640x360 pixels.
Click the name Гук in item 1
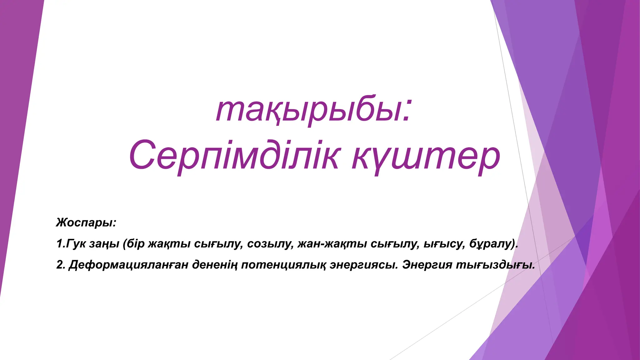[x=75, y=244]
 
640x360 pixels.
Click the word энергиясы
[x=364, y=265]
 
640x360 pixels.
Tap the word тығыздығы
[x=494, y=265]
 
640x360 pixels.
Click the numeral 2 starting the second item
[x=60, y=265]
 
